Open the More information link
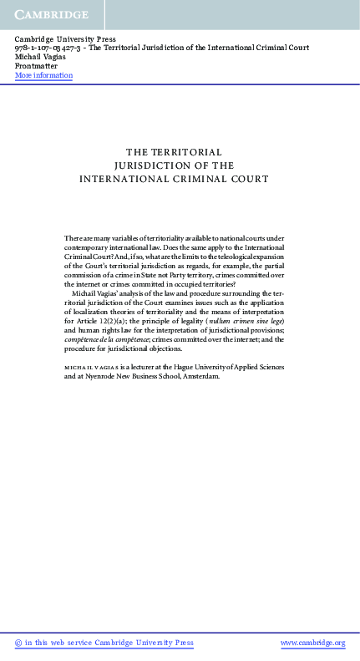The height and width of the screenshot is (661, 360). coord(43,75)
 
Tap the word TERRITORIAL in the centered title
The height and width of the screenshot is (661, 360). coord(185,152)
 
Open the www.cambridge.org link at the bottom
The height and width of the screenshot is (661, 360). coord(312,643)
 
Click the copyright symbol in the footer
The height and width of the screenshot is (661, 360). coord(18,643)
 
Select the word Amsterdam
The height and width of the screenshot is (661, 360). coord(197,399)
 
